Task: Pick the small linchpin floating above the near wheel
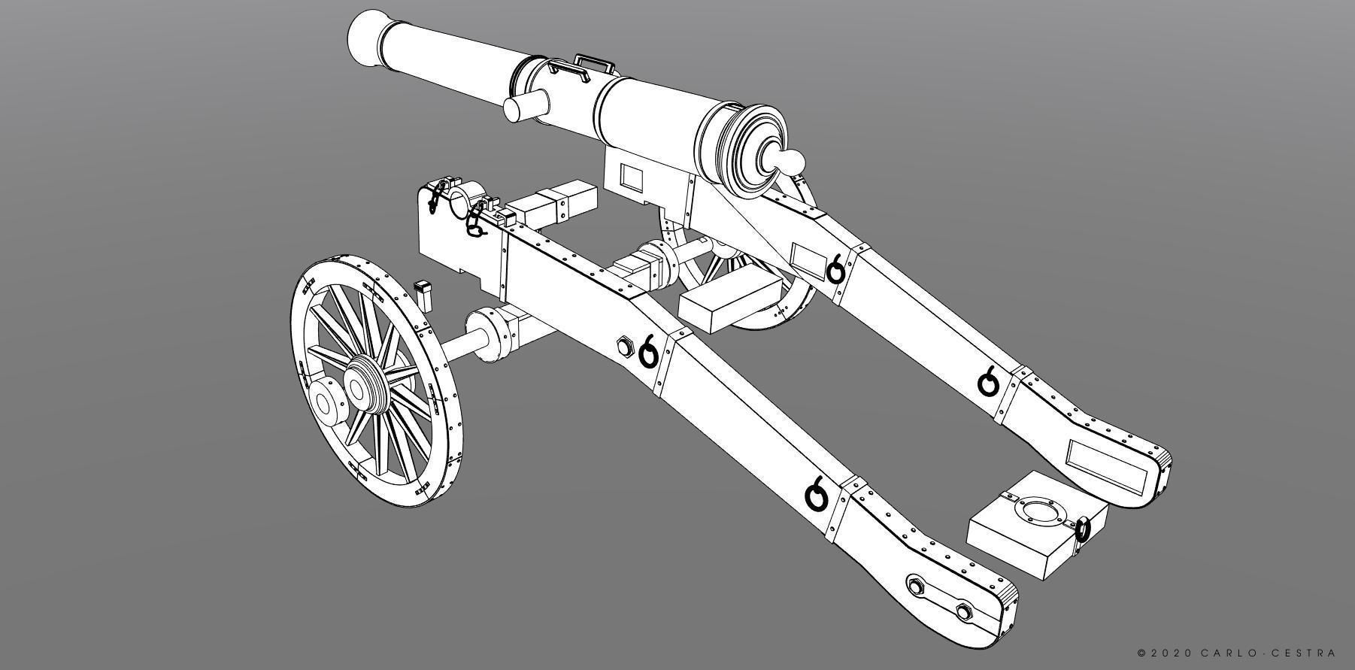tap(423, 293)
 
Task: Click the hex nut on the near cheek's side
tap(624, 347)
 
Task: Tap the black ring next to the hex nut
tap(648, 352)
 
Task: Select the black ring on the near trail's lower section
tap(816, 495)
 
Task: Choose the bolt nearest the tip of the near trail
tap(964, 608)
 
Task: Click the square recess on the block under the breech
tap(631, 178)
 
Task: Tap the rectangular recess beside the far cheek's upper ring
tap(808, 259)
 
